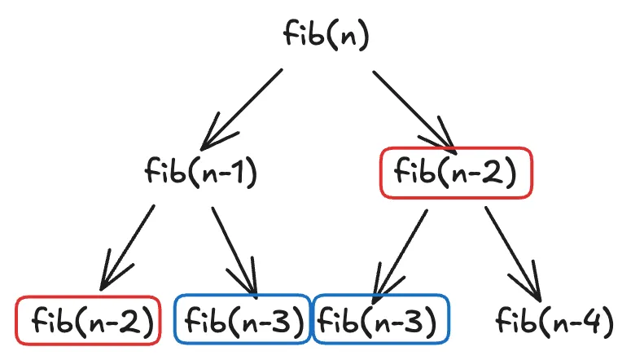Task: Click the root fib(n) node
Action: pyautogui.click(x=325, y=35)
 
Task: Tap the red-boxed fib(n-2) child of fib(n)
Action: pyautogui.click(x=455, y=173)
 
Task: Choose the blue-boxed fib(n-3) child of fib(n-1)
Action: pyautogui.click(x=243, y=320)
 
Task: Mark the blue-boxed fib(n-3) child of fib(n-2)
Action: pyautogui.click(x=381, y=320)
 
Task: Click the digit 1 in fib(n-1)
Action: pyautogui.click(x=241, y=173)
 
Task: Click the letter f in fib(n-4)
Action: pyautogui.click(x=503, y=320)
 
